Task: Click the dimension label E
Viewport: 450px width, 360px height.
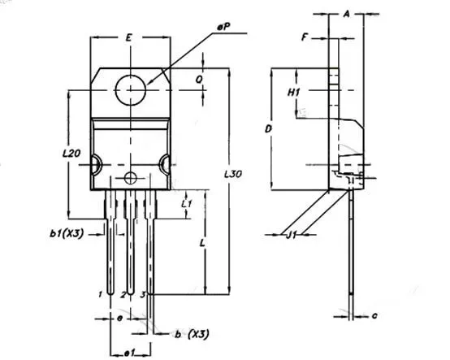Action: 129,37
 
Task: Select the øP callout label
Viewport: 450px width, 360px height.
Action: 224,28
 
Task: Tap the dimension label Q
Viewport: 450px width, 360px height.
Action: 199,80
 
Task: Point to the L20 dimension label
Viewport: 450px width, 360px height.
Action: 71,154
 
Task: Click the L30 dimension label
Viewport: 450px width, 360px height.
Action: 233,174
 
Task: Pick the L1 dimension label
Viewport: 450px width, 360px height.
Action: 187,204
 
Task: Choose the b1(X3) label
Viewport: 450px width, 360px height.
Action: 67,234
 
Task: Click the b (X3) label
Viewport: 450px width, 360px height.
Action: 192,334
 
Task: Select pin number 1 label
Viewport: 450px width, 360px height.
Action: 100,294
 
